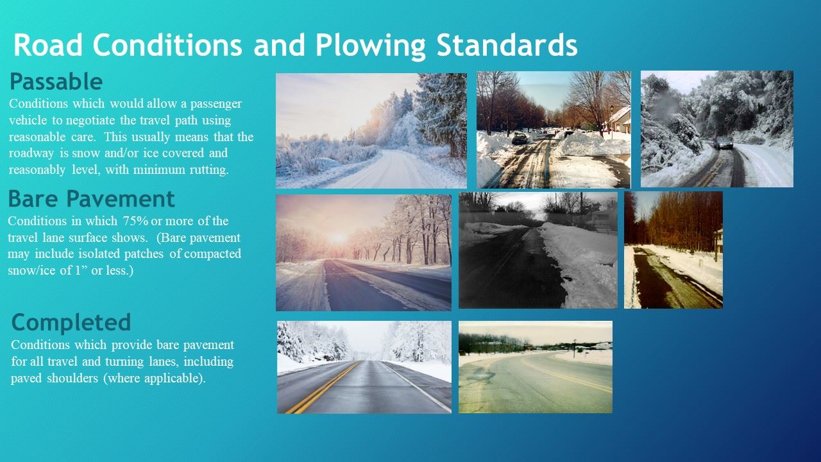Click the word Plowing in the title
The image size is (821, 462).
click(x=370, y=46)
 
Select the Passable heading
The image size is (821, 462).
click(x=56, y=81)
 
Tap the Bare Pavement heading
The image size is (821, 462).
click(x=91, y=199)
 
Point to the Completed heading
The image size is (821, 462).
click(x=71, y=322)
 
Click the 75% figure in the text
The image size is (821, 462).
click(x=135, y=221)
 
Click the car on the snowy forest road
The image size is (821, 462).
click(x=723, y=142)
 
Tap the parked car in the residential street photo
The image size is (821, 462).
click(x=520, y=138)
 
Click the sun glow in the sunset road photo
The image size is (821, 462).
click(x=338, y=237)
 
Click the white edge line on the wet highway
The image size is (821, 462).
click(x=418, y=387)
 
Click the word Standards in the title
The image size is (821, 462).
click(x=507, y=45)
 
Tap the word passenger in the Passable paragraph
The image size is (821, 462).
click(x=216, y=104)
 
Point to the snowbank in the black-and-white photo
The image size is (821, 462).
click(x=579, y=264)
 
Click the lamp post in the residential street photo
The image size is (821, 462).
click(x=612, y=122)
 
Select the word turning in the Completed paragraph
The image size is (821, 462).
click(x=124, y=362)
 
